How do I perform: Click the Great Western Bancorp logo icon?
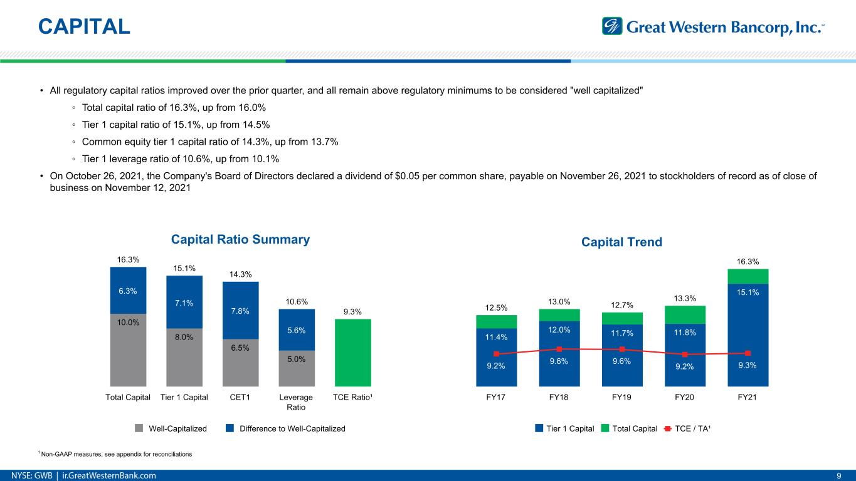pyautogui.click(x=611, y=26)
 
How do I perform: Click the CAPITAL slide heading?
pyautogui.click(x=84, y=26)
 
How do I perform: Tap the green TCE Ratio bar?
pyautogui.click(x=353, y=353)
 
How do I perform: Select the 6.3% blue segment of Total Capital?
pyautogui.click(x=128, y=291)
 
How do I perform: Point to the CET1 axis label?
pyautogui.click(x=240, y=397)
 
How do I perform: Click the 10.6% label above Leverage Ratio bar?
pyautogui.click(x=297, y=301)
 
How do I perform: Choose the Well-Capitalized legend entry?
pyautogui.click(x=171, y=428)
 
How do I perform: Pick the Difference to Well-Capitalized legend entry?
pyautogui.click(x=285, y=428)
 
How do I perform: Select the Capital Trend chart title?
pyautogui.click(x=621, y=242)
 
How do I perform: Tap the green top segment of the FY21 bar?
pyautogui.click(x=748, y=276)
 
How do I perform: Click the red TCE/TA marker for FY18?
pyautogui.click(x=559, y=349)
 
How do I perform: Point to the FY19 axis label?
pyautogui.click(x=621, y=397)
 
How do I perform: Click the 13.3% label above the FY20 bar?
pyautogui.click(x=685, y=298)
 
